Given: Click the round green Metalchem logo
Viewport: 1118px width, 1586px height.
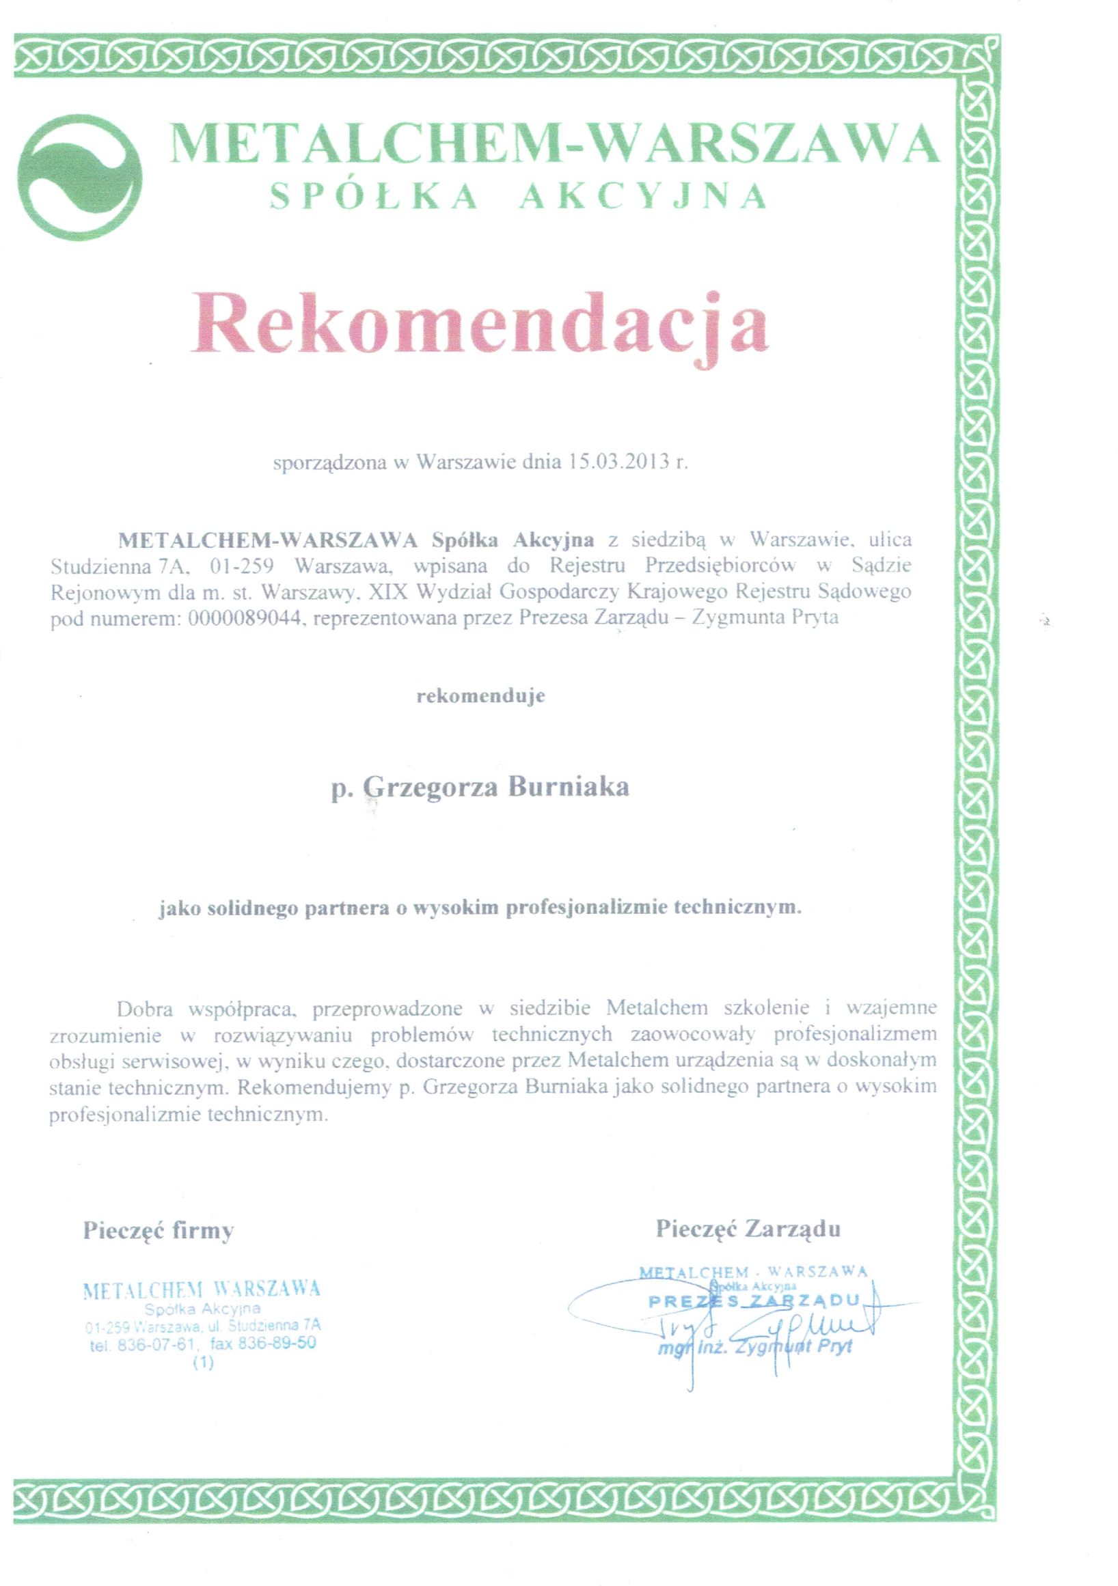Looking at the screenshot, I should click(79, 178).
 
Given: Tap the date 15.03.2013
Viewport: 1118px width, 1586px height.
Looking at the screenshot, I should click(619, 462).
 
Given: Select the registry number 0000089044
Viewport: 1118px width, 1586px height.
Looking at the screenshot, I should click(245, 618).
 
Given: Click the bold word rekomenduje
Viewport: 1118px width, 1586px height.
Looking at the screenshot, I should click(480, 695).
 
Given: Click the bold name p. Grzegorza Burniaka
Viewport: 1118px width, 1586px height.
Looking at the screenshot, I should click(480, 788).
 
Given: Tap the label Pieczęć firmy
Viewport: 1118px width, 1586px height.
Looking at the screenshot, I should click(159, 1230).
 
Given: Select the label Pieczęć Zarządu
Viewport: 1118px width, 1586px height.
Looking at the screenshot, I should click(748, 1229).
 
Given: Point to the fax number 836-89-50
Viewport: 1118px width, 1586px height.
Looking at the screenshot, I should click(276, 1344).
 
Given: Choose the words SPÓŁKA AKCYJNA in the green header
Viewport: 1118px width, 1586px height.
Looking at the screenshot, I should click(518, 197).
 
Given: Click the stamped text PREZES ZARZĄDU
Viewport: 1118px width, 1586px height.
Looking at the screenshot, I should click(753, 1301).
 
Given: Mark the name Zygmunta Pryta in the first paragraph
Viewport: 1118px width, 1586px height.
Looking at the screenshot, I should click(765, 617).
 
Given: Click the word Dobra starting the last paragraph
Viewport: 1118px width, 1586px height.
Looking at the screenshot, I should click(144, 1010).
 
